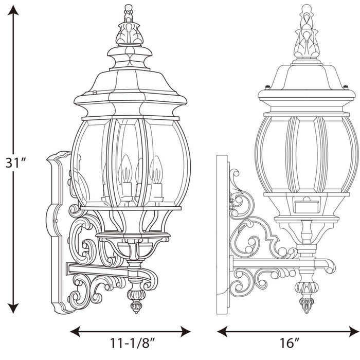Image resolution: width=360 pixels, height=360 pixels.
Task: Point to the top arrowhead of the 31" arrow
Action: click(x=14, y=11)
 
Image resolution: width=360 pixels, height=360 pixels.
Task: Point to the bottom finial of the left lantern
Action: click(x=136, y=301)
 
